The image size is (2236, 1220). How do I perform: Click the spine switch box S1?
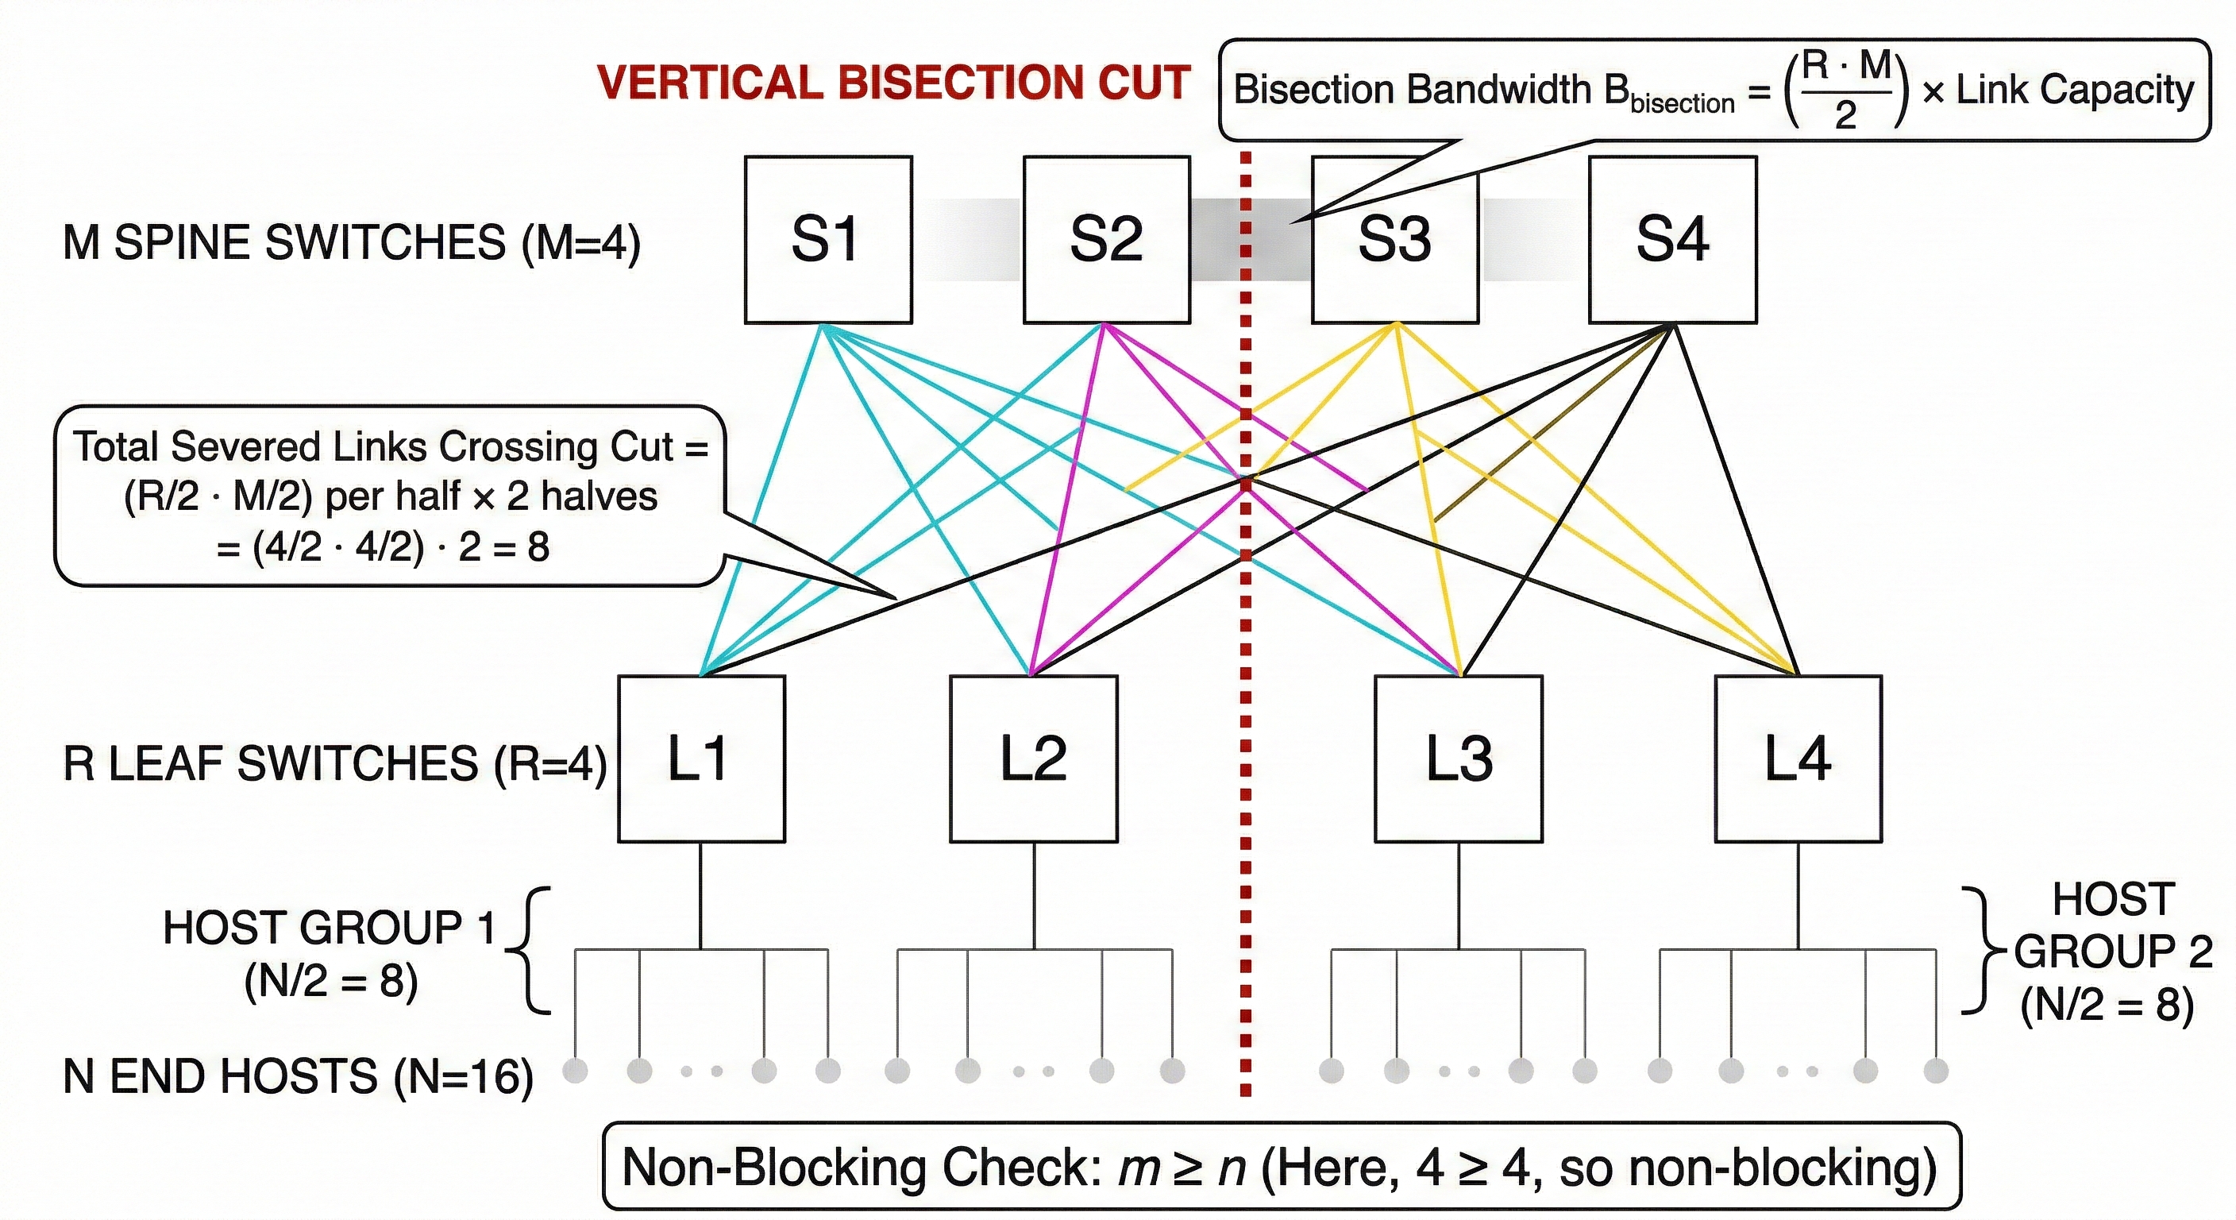coord(827,240)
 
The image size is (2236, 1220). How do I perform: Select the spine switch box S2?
coord(1106,240)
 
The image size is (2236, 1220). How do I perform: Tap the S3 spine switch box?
coord(1395,240)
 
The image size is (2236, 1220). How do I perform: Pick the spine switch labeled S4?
coord(1673,240)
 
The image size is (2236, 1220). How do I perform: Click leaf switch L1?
coord(701,759)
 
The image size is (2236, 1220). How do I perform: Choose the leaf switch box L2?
coord(1033,759)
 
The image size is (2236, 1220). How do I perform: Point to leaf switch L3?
coord(1459,759)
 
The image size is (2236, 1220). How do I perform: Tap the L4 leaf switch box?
coord(1798,759)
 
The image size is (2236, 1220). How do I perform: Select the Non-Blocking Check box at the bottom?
coord(1282,1166)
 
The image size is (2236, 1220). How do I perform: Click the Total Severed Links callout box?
coord(389,496)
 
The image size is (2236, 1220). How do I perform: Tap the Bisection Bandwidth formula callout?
coord(1714,90)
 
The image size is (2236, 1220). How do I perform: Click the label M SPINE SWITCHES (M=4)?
coord(352,242)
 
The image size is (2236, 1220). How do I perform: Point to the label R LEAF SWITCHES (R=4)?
coord(334,764)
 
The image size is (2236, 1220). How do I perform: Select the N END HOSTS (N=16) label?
coord(298,1077)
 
